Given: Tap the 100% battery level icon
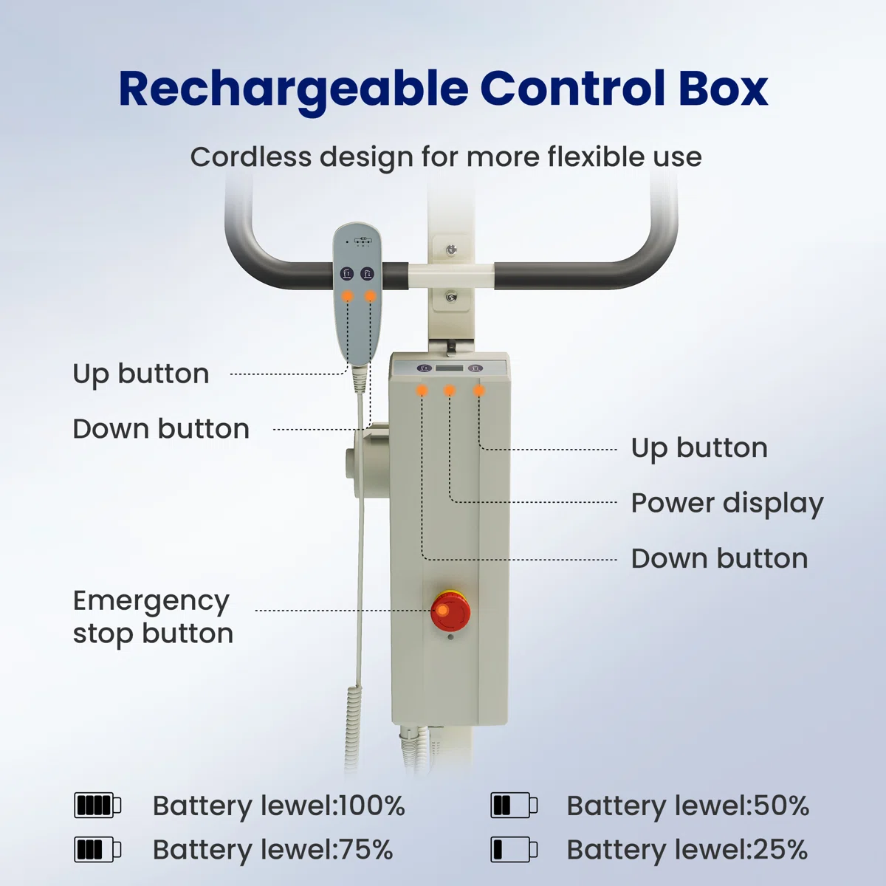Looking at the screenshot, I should (97, 805).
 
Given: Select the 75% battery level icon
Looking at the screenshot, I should (97, 850).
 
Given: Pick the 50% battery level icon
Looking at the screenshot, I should (514, 805).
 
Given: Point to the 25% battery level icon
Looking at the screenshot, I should (514, 850).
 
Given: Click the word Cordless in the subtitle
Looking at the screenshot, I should (250, 157).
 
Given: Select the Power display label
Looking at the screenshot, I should (727, 504).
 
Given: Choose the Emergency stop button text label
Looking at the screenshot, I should (153, 617).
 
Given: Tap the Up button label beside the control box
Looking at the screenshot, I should (699, 448).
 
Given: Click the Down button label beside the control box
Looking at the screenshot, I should (719, 559).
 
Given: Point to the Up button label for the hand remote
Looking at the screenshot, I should (141, 374).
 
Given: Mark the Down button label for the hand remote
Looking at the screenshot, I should (161, 429).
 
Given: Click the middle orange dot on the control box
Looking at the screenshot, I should (450, 391).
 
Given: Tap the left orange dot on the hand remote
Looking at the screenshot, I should (347, 296).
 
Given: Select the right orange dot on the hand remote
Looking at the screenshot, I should (371, 296).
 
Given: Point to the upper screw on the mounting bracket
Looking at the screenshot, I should (452, 250).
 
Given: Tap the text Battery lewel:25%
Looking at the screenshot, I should (687, 850).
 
